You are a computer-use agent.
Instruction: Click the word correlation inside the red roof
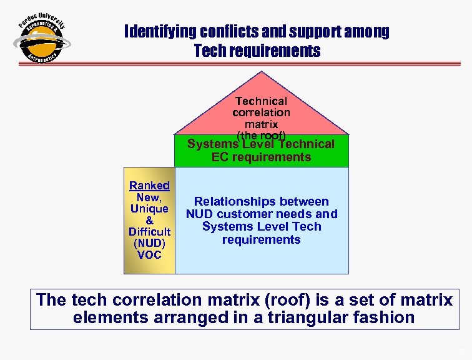261,113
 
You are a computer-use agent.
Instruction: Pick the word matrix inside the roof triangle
261,124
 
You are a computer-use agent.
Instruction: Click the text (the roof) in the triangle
261,135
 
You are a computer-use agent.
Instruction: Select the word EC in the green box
220,157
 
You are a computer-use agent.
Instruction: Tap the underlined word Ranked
149,186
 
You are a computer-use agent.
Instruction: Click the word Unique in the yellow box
149,209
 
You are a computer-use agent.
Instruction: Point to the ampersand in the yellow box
149,221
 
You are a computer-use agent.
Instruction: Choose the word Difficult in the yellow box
149,232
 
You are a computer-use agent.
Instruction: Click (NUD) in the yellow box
149,244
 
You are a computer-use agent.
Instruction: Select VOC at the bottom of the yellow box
149,255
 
